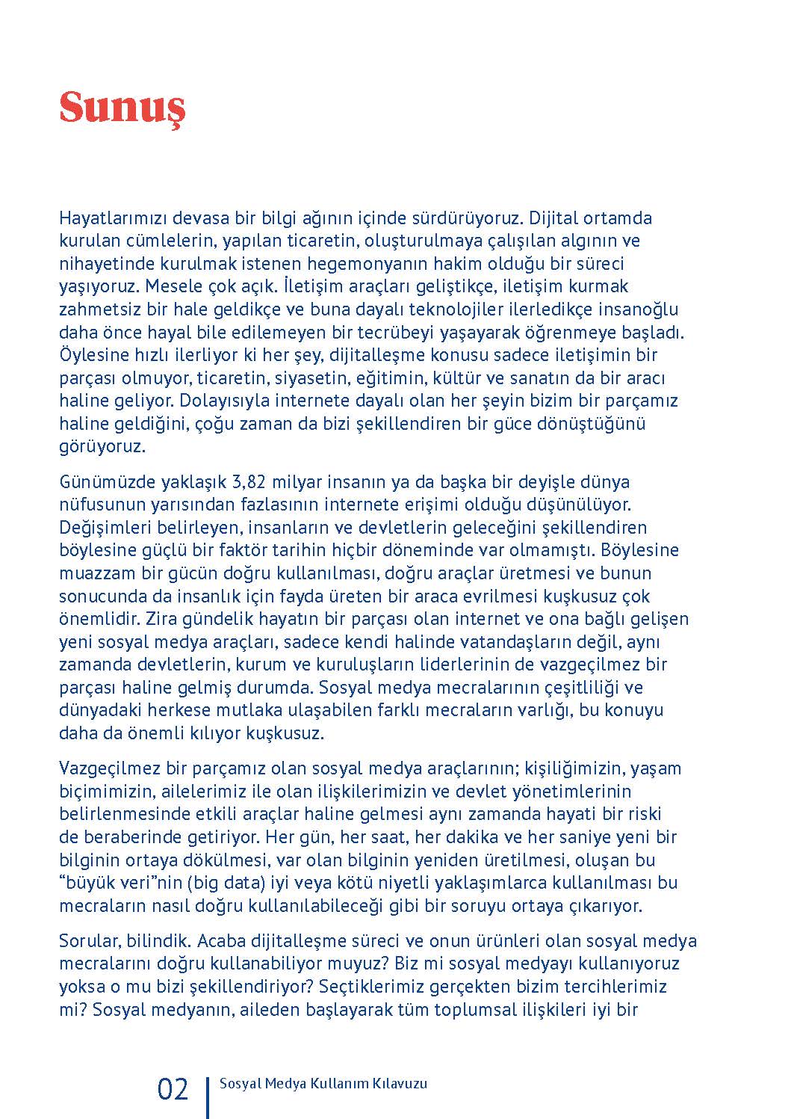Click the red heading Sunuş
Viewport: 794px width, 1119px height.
pyautogui.click(x=122, y=108)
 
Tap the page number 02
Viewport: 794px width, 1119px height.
pyautogui.click(x=173, y=1089)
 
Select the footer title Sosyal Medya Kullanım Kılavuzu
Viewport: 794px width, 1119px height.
pyautogui.click(x=323, y=1084)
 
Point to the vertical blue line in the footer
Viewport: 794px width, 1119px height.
pyautogui.click(x=207, y=1096)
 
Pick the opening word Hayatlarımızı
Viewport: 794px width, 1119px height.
pyautogui.click(x=113, y=218)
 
